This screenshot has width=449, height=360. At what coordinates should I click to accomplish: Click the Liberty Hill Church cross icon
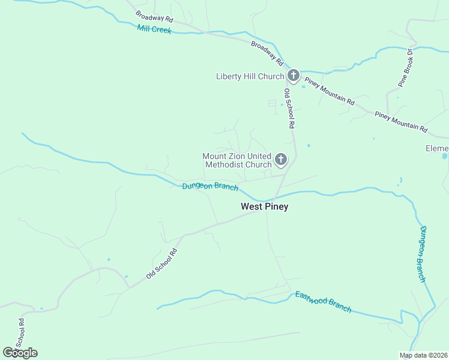pyautogui.click(x=293, y=76)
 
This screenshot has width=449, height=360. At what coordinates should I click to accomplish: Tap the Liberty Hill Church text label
pyautogui.click(x=250, y=76)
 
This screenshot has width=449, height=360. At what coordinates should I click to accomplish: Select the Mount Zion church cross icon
pyautogui.click(x=280, y=160)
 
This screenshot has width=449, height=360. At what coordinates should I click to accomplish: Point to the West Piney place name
pyautogui.click(x=264, y=206)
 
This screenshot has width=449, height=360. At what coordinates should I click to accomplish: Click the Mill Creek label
pyautogui.click(x=154, y=29)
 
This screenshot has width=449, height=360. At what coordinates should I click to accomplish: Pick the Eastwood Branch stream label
pyautogui.click(x=323, y=301)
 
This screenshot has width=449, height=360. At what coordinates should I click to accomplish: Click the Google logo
pyautogui.click(x=20, y=353)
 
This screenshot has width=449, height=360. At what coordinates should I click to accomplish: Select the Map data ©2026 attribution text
pyautogui.click(x=424, y=355)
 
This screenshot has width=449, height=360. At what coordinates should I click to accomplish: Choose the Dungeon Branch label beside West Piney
pyautogui.click(x=210, y=187)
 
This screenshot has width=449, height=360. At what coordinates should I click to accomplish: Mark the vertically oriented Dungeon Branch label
pyautogui.click(x=423, y=253)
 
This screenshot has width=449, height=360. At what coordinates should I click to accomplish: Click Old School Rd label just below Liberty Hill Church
pyautogui.click(x=289, y=109)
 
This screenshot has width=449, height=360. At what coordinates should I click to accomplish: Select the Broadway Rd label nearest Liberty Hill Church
pyautogui.click(x=267, y=53)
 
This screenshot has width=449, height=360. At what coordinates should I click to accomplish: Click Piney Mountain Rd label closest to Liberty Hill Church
pyautogui.click(x=329, y=91)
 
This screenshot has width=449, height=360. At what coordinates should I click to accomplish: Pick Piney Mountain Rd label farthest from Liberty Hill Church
pyautogui.click(x=400, y=122)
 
